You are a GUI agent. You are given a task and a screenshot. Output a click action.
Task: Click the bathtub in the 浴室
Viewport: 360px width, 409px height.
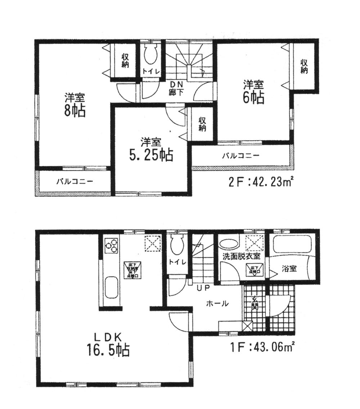[x=293, y=246]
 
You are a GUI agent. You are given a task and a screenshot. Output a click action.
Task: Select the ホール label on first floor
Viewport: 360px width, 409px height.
[x=217, y=304]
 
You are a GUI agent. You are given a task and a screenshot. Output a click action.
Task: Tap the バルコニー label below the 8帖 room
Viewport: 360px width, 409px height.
[x=75, y=181]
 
